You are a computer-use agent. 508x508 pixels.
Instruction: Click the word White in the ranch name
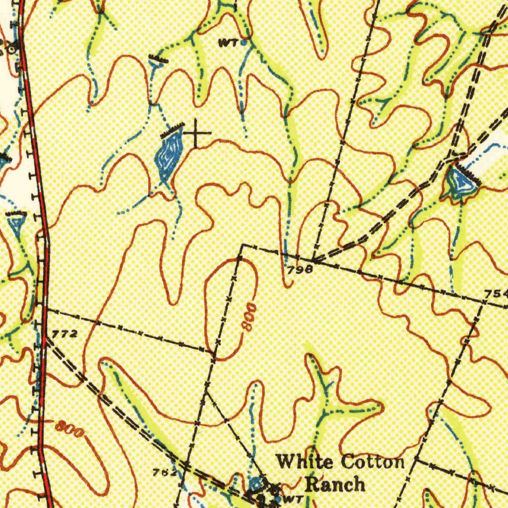(304, 462)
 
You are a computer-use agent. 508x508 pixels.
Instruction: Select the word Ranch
(335, 484)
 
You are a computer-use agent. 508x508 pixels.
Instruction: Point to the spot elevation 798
(299, 269)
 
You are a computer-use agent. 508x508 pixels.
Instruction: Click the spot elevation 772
(64, 334)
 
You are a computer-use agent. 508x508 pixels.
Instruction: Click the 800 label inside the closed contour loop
(248, 318)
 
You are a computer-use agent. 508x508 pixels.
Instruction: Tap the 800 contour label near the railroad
(69, 427)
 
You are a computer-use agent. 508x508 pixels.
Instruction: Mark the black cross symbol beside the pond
(196, 133)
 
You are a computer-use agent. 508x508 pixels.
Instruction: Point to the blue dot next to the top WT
(244, 43)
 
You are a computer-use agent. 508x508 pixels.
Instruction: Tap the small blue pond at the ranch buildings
(255, 482)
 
